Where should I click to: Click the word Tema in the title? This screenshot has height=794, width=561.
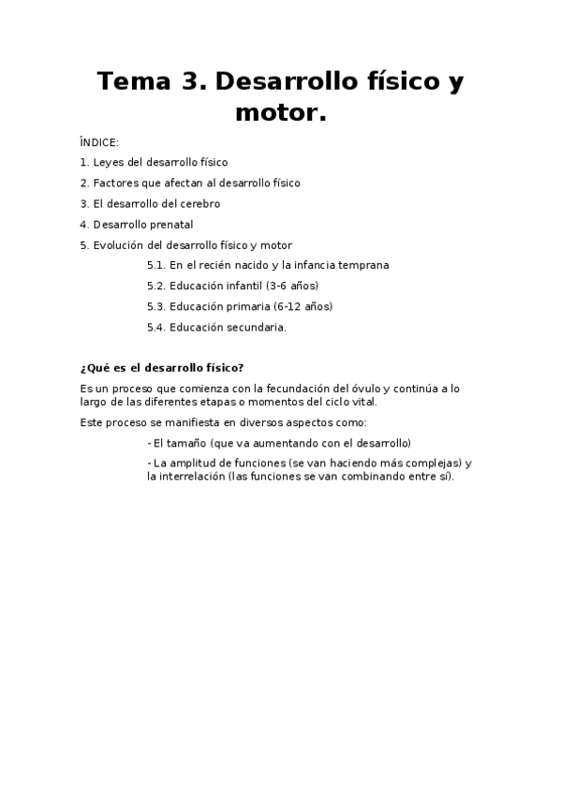130,82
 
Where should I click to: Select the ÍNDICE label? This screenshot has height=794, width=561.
99,142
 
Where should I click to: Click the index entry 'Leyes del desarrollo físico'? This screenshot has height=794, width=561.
160,162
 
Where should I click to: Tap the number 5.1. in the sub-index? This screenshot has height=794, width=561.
156,265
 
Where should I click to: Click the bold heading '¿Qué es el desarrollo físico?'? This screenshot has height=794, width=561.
162,367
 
